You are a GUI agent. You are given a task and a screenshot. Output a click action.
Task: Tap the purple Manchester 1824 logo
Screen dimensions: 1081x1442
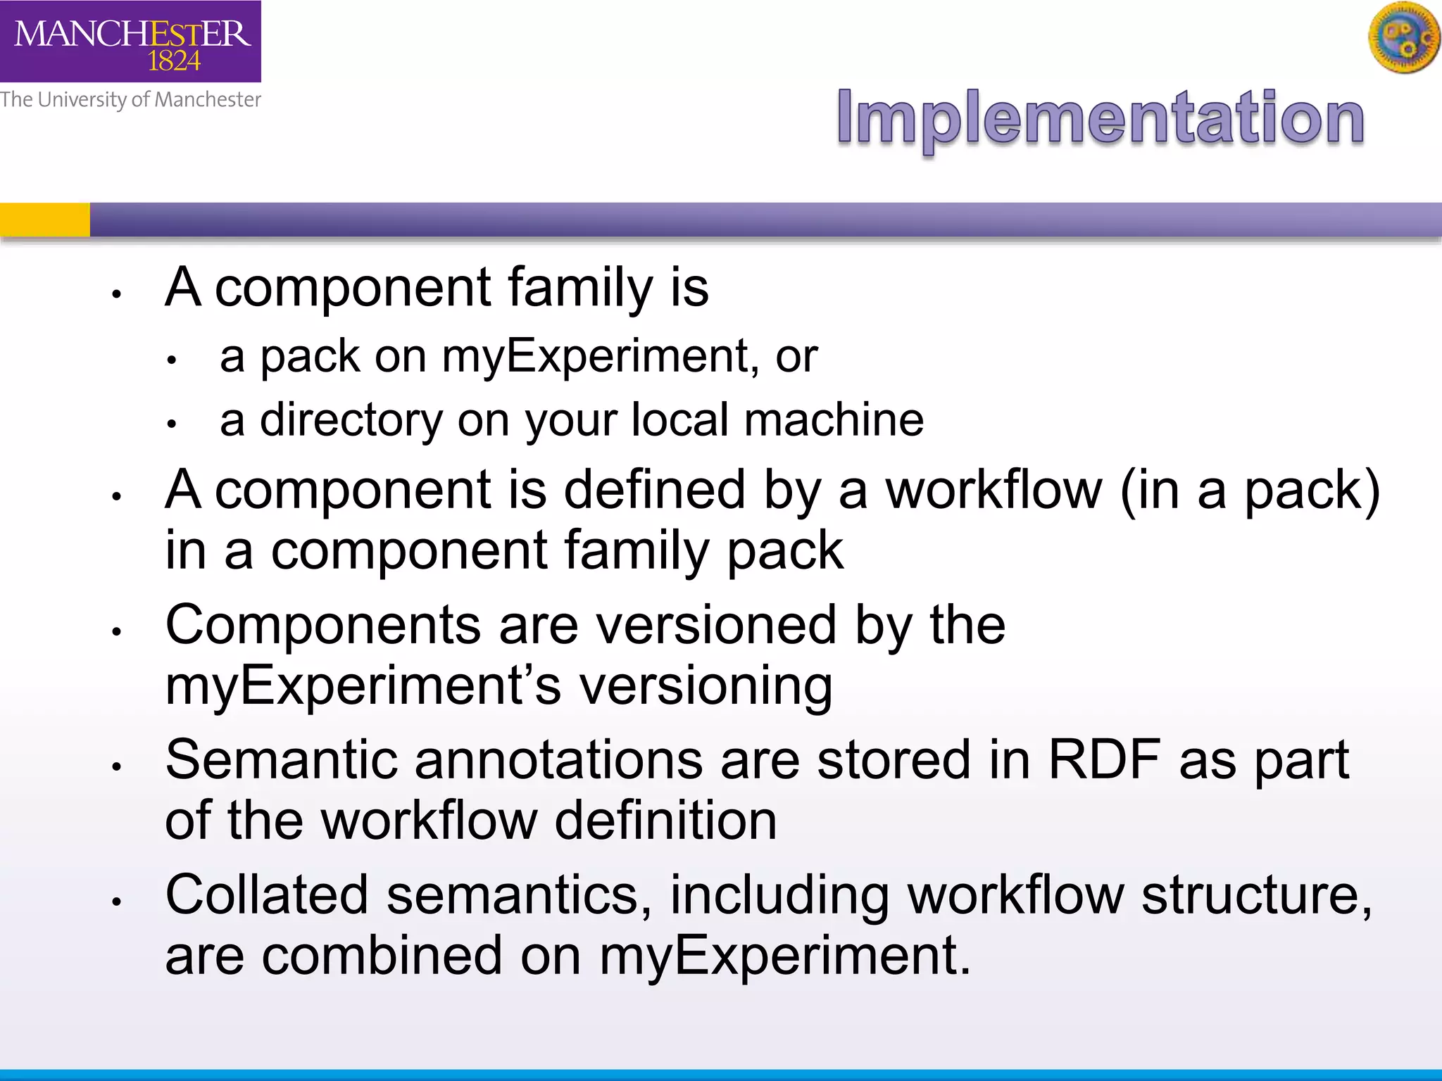click(x=130, y=42)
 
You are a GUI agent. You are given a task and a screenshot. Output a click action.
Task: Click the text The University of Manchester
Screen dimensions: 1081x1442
click(x=130, y=99)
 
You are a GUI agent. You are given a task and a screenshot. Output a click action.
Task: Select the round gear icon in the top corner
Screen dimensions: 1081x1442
click(x=1404, y=38)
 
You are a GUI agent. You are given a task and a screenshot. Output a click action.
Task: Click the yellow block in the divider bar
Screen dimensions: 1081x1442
click(x=45, y=220)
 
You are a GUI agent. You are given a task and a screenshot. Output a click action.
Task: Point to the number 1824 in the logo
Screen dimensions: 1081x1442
click(x=174, y=62)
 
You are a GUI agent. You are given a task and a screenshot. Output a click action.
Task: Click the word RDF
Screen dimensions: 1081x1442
click(x=1104, y=760)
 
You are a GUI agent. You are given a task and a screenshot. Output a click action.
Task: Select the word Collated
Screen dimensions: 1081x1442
click(x=267, y=895)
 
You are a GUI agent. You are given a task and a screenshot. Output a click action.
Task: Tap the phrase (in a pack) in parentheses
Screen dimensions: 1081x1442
click(x=1250, y=491)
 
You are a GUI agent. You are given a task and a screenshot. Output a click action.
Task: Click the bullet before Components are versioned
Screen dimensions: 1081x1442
click(x=118, y=631)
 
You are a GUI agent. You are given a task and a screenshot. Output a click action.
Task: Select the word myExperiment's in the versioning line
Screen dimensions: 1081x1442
click(x=363, y=686)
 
